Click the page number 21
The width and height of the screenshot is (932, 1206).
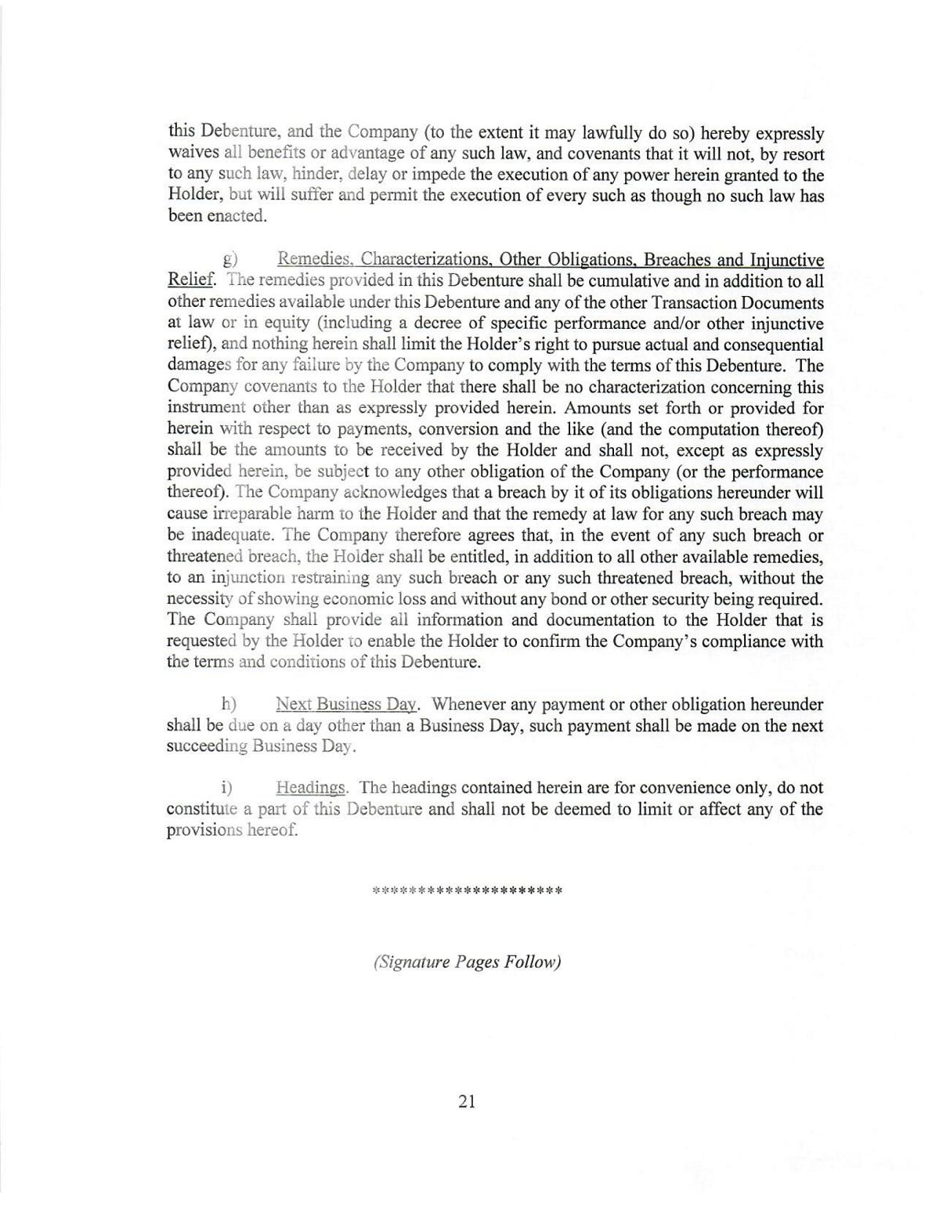click(466, 1101)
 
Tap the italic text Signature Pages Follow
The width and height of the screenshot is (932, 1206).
click(467, 962)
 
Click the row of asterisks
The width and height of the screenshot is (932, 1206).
click(467, 890)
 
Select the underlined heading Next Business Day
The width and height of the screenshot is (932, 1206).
click(347, 704)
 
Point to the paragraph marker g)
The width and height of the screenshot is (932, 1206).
click(230, 260)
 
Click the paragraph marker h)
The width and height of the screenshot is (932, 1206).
click(229, 704)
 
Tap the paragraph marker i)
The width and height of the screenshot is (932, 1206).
click(227, 788)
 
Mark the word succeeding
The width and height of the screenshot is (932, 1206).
click(207, 746)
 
